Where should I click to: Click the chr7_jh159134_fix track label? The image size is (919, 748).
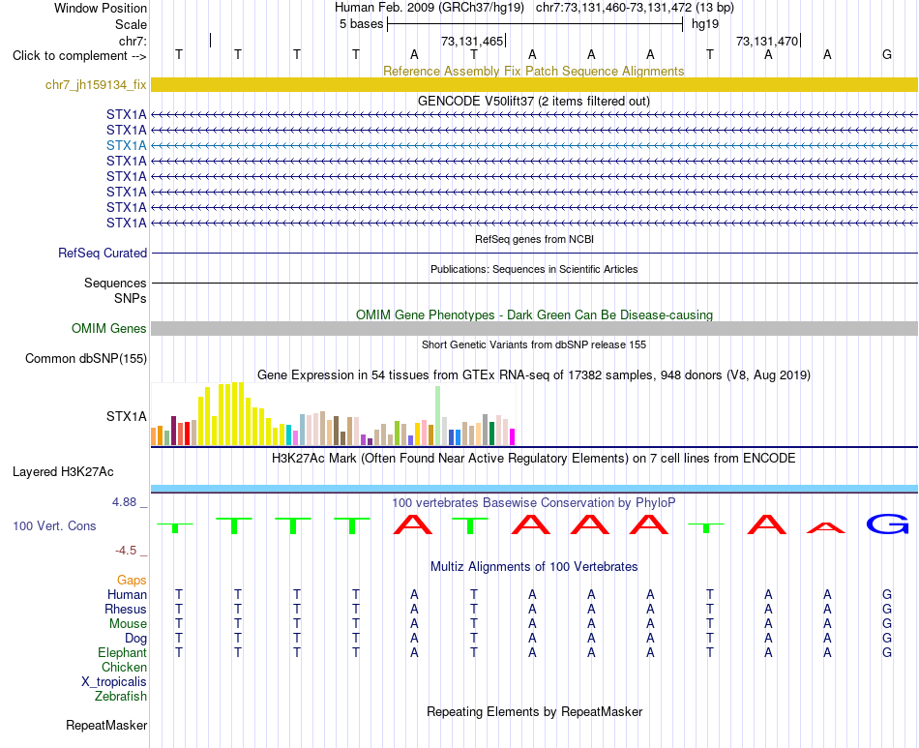coord(96,85)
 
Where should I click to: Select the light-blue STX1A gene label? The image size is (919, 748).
coord(126,145)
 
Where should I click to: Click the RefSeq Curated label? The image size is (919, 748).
coord(102,254)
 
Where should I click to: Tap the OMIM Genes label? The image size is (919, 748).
coord(108,329)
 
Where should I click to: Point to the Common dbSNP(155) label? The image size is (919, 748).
coord(85,359)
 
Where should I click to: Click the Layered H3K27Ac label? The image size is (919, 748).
coord(63,472)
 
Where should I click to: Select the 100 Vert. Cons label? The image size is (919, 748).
coord(54,525)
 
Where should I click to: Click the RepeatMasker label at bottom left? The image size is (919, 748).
coord(106,726)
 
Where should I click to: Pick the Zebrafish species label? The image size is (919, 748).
coord(121,697)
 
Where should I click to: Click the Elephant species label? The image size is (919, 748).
coord(122,653)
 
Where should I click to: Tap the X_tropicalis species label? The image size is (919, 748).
coord(114,682)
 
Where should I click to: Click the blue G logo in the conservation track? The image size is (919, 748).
coord(887,524)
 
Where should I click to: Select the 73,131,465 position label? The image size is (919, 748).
coord(472,42)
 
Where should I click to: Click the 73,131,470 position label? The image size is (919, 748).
coord(766,42)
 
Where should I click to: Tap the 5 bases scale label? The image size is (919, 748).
coord(361,24)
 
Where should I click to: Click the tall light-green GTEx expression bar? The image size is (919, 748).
coord(438,416)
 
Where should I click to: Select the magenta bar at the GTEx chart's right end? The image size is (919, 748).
coord(512,437)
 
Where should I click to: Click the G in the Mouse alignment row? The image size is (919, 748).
coord(887,624)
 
